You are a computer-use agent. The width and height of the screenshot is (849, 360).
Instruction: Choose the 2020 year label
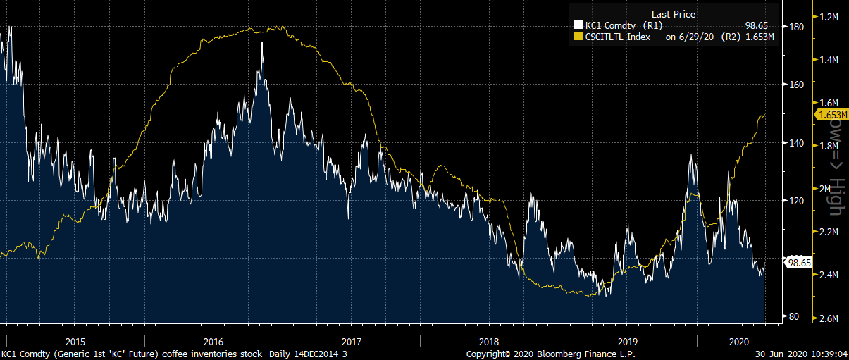click(738, 341)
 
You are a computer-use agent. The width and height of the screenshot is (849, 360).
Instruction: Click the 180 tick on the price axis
click(797, 27)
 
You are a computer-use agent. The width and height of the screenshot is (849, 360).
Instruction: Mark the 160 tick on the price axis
click(797, 85)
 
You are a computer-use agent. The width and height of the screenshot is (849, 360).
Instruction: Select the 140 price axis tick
click(797, 142)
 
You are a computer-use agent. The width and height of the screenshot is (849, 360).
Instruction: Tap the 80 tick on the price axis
click(795, 316)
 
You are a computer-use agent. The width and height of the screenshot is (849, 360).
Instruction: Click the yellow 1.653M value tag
click(831, 114)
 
